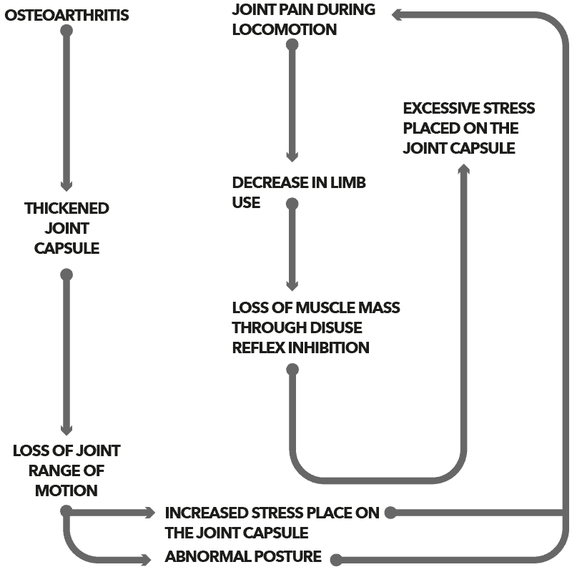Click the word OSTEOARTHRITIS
click(x=67, y=14)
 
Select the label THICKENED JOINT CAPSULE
click(x=66, y=228)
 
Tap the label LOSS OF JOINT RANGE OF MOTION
click(x=66, y=470)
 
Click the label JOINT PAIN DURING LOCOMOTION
click(x=304, y=20)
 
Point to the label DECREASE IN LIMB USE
click(x=298, y=192)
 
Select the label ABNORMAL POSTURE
click(x=243, y=556)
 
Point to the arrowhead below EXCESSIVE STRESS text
click(x=464, y=169)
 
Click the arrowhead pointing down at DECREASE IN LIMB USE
click(x=292, y=156)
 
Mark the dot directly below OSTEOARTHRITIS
click(x=66, y=31)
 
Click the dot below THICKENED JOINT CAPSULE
click(x=66, y=275)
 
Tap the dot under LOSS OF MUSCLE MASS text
click(x=292, y=369)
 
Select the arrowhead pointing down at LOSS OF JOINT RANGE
click(x=66, y=430)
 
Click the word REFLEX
click(x=254, y=347)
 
